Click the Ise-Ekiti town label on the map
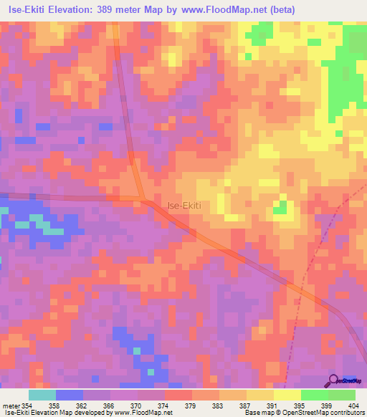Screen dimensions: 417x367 (x=184, y=205)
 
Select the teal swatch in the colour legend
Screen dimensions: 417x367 (x=42, y=395)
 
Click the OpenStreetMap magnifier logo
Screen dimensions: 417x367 (x=334, y=380)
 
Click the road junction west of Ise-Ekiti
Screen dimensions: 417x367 (x=144, y=198)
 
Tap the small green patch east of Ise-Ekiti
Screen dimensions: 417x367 (x=281, y=208)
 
